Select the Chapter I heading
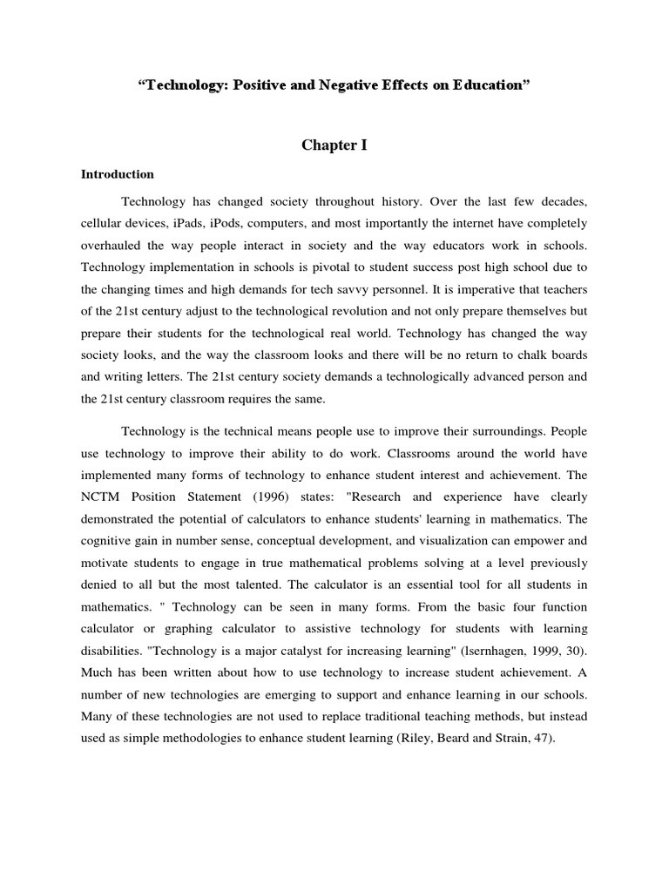pos(334,145)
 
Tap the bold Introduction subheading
pos(118,174)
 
